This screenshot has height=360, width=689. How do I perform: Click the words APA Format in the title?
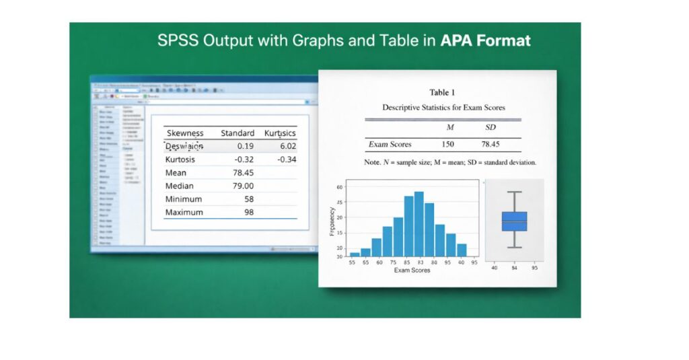coord(485,40)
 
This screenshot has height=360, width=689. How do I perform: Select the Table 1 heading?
coord(443,92)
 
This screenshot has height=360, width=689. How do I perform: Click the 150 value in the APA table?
coord(447,144)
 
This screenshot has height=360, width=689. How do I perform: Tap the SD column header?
coord(490,128)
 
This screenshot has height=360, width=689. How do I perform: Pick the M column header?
coord(450,128)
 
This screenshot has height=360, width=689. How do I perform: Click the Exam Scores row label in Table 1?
coord(390,144)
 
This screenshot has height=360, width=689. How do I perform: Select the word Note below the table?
coord(372,162)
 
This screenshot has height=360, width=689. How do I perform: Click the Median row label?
coord(180,186)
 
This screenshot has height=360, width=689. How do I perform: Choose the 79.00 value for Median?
coord(242,186)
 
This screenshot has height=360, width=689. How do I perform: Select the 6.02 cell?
coord(287,146)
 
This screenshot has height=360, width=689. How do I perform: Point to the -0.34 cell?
coord(287,159)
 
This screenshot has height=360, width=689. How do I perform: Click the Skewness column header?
coord(185,133)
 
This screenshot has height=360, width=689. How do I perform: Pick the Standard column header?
coord(238,133)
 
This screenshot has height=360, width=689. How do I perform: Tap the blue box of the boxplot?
coord(514,221)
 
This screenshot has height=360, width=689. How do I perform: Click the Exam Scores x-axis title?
coord(412,271)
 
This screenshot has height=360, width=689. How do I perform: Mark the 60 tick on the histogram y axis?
coord(339,188)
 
